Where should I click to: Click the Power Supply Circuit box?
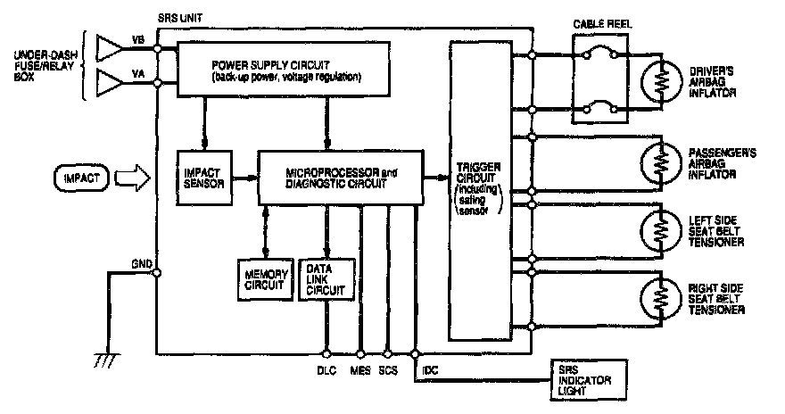point(285,72)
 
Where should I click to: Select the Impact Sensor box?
point(205,175)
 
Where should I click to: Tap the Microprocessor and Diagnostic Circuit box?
point(339,176)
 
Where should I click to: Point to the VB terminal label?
point(137,40)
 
